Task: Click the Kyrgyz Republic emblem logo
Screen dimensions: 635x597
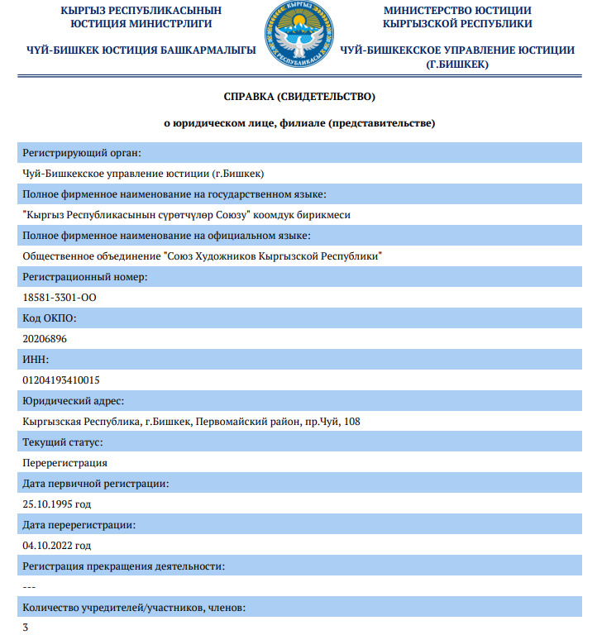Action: pos(299,36)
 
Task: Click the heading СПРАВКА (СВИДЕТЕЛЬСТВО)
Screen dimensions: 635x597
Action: pos(299,97)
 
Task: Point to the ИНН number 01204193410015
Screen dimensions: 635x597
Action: pos(61,380)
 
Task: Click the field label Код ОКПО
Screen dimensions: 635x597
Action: pos(49,317)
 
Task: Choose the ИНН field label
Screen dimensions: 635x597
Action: pos(36,359)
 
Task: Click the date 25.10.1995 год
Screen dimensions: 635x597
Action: pos(56,504)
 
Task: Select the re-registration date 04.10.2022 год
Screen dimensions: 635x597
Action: pos(56,545)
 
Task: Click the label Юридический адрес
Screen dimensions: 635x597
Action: pos(74,400)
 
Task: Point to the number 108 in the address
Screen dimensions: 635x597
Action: pos(351,421)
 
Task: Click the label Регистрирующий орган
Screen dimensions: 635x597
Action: pos(82,152)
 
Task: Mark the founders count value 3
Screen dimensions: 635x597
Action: pos(26,628)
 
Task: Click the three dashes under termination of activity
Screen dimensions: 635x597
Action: pos(29,586)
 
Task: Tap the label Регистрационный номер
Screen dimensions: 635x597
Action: pos(85,276)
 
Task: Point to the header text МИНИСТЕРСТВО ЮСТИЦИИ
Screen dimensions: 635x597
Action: pos(457,10)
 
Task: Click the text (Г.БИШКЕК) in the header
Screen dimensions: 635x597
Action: pos(457,64)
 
